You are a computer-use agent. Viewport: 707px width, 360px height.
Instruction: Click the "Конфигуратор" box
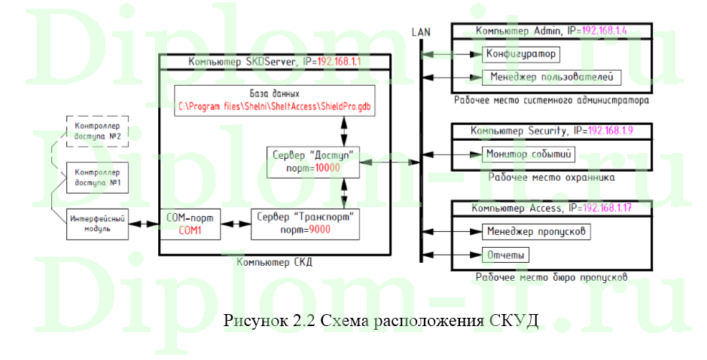(x=520, y=54)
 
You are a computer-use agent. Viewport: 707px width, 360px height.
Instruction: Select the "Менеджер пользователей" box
(x=551, y=77)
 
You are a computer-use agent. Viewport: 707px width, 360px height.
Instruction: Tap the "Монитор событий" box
(x=530, y=155)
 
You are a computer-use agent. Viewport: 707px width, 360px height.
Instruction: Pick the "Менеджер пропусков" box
(x=535, y=230)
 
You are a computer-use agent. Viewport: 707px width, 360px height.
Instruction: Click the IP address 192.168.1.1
(x=330, y=62)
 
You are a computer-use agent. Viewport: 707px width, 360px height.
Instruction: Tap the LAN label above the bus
(x=421, y=31)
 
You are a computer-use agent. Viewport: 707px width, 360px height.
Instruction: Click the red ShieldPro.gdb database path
(x=276, y=108)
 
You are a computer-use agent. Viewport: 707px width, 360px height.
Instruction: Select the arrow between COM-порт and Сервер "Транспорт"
(x=236, y=224)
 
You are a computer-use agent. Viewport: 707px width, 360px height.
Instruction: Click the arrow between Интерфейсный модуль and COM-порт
(x=142, y=224)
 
